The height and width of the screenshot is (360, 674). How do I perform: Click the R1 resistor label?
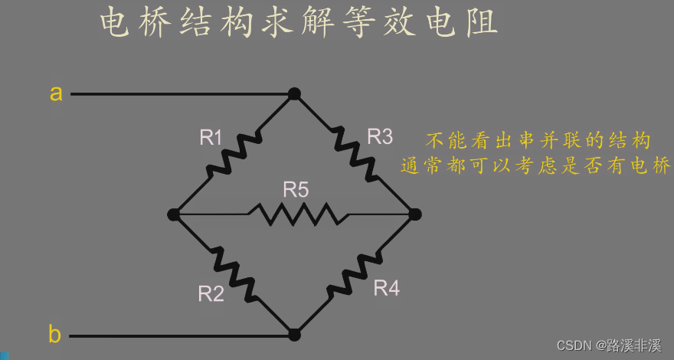click(211, 138)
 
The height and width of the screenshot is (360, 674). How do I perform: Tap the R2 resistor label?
click(211, 293)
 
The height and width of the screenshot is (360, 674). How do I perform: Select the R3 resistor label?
click(380, 137)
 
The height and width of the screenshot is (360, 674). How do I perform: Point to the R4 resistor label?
click(386, 289)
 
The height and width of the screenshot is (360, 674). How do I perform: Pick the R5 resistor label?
click(296, 190)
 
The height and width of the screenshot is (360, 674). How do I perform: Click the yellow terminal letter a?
click(56, 93)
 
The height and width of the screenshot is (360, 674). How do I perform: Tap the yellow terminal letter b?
click(55, 335)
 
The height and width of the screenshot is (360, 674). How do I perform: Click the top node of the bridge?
click(294, 94)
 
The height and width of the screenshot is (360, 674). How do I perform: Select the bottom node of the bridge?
click(294, 335)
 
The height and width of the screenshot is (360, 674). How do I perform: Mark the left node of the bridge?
click(174, 214)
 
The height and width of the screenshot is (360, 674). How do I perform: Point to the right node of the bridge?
click(414, 214)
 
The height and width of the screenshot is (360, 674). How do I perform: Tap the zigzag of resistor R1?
click(234, 153)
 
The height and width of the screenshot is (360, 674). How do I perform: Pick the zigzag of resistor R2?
click(233, 273)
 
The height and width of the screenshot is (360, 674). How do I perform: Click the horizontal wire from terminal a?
click(176, 94)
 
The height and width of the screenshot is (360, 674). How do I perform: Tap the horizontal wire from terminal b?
click(176, 335)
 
